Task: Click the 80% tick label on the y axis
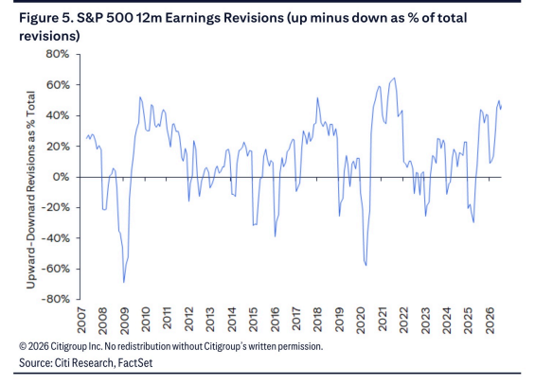[x=58, y=54]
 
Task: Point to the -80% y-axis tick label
[x=55, y=299]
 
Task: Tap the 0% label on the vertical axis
[x=61, y=177]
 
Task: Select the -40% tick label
[x=55, y=237]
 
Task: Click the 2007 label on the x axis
[x=81, y=320]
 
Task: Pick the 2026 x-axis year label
[x=490, y=320]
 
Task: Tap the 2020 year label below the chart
[x=361, y=320]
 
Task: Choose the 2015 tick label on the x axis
[x=253, y=320]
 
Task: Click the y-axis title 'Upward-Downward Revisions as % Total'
[x=31, y=190]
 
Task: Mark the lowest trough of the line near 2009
[x=123, y=283]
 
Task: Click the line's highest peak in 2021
[x=395, y=78]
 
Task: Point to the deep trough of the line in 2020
[x=366, y=265]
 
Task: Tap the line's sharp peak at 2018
[x=317, y=97]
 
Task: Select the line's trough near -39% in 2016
[x=275, y=236]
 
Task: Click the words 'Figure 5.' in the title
[x=45, y=18]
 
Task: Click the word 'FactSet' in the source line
[x=135, y=362]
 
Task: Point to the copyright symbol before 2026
[x=23, y=346]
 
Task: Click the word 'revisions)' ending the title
[x=49, y=36]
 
